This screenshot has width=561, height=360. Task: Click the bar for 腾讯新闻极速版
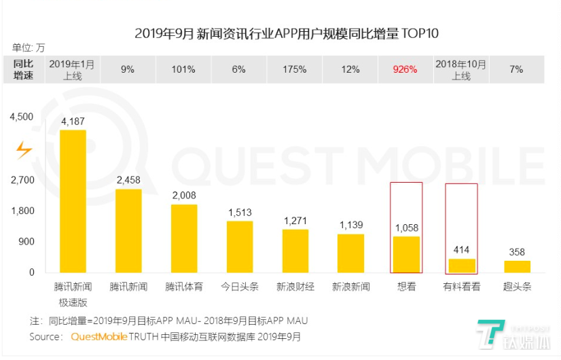tap(73, 201)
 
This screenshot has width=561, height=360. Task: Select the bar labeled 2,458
tap(128, 231)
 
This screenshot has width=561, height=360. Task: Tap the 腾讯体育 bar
tap(184, 238)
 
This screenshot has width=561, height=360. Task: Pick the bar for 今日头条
tap(240, 247)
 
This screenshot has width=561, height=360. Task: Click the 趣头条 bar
tap(517, 266)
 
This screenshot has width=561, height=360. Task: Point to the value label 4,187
tap(73, 122)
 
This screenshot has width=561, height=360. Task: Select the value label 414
tap(462, 250)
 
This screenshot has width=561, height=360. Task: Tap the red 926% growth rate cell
tap(405, 69)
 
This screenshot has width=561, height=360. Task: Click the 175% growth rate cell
tap(295, 69)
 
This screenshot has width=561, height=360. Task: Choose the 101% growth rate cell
tap(184, 69)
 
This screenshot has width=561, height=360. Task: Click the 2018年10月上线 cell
tap(461, 69)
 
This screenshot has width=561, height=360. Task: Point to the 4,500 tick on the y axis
tap(22, 117)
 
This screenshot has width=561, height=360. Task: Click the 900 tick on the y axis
tap(26, 241)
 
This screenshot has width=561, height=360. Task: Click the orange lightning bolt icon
tap(24, 149)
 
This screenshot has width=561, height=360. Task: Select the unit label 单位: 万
tap(29, 48)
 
